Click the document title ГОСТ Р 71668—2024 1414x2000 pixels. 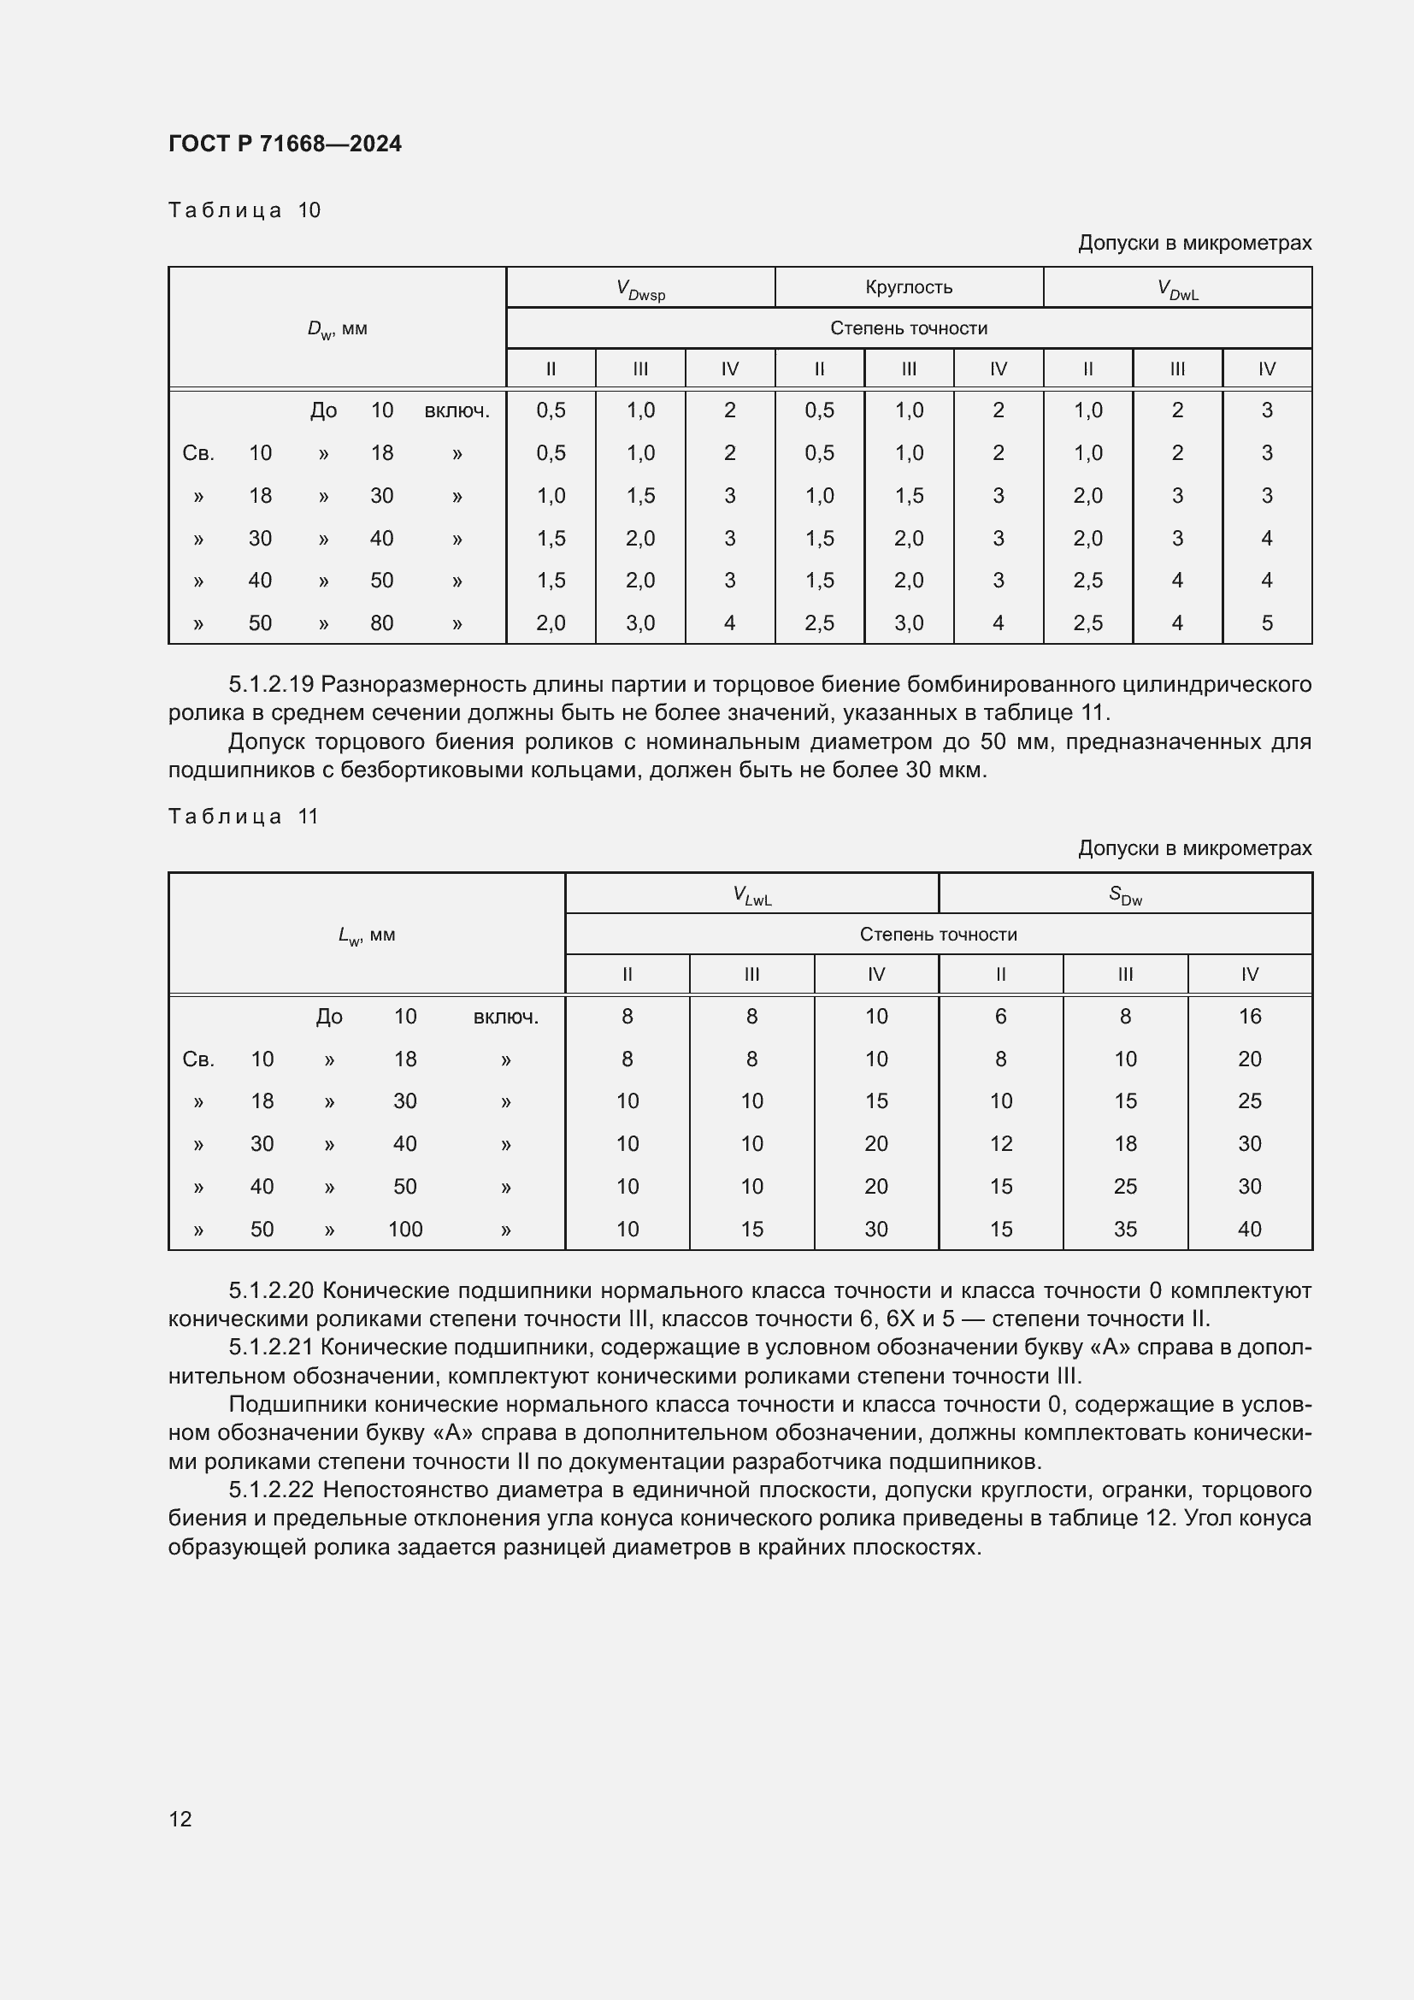[285, 144]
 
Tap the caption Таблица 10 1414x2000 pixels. [245, 210]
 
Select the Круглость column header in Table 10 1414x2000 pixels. [908, 287]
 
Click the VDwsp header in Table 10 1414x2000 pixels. [640, 289]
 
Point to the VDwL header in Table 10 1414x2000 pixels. [1177, 289]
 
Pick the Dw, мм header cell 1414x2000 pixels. [337, 329]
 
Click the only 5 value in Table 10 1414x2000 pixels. [1266, 622]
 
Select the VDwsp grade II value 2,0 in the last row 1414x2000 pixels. [551, 622]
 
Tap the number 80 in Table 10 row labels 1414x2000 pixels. [381, 622]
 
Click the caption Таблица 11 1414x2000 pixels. [244, 817]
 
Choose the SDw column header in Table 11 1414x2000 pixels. [1125, 894]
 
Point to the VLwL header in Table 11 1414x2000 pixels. [751, 894]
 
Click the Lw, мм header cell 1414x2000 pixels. [367, 935]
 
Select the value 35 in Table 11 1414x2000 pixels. [1125, 1229]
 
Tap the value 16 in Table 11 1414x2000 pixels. [1250, 1017]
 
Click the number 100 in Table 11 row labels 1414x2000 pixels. [405, 1229]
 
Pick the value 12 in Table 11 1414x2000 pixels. [1000, 1144]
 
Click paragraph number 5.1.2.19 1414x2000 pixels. [271, 684]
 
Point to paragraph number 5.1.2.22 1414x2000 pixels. [272, 1490]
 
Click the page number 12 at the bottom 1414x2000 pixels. [180, 1819]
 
